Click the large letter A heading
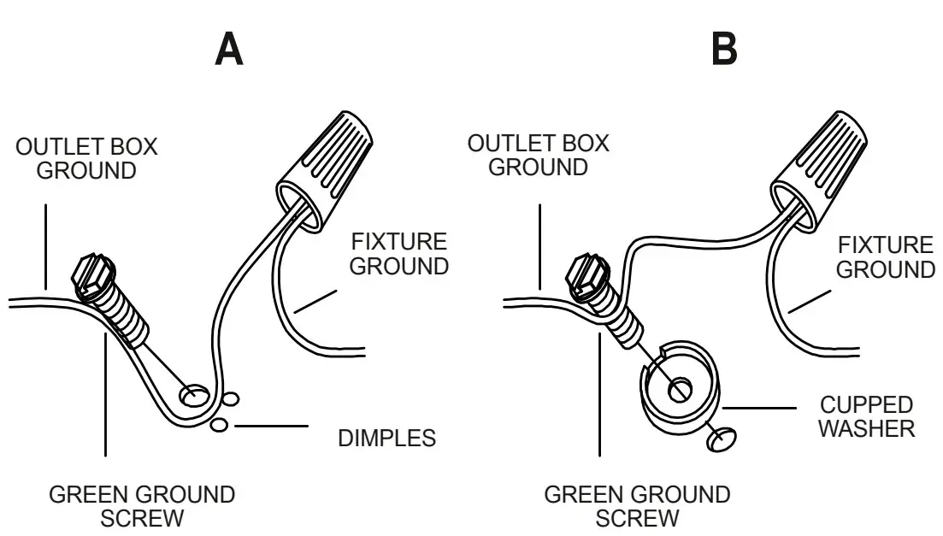tap(228, 50)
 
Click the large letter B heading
tap(725, 50)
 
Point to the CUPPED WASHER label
tap(866, 416)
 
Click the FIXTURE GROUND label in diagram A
tap(399, 254)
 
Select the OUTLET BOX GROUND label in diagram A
tap(86, 158)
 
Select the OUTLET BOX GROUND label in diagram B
tap(538, 155)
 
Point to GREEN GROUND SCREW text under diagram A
tap(142, 506)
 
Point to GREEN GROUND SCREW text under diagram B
tap(637, 506)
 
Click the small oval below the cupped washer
tap(721, 439)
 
